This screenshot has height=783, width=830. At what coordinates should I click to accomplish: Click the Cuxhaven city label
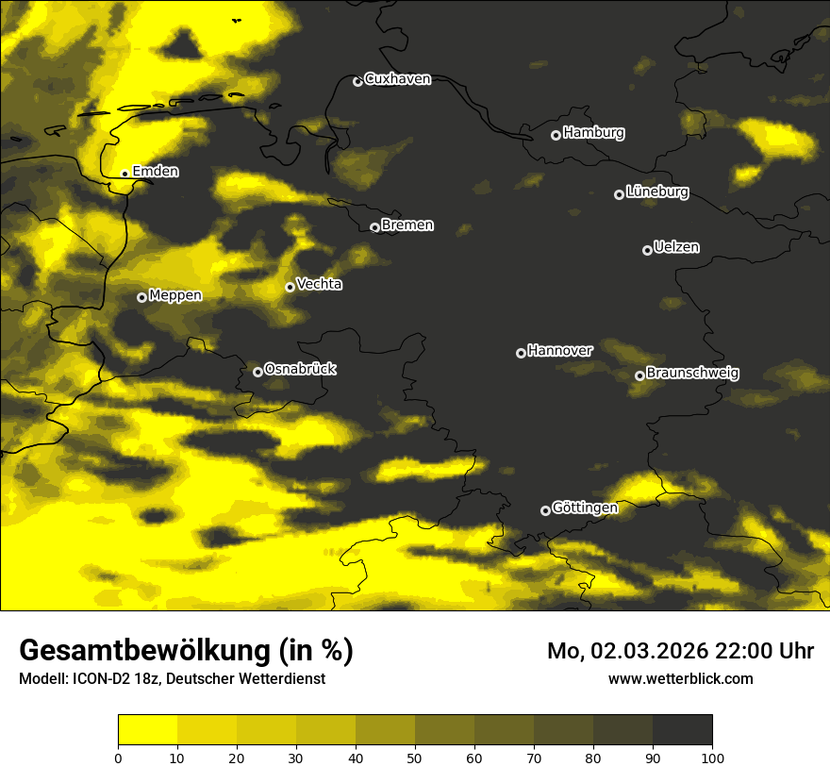point(397,79)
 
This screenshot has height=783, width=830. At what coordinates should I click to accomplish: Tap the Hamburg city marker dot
point(556,135)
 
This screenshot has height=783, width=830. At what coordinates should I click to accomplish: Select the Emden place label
point(156,172)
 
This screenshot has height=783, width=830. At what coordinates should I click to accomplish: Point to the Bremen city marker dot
point(374,227)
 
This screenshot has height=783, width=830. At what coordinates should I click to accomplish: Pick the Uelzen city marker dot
point(647,250)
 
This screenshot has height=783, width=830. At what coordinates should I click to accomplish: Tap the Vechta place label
point(319,284)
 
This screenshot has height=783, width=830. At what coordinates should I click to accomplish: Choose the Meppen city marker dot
point(141,297)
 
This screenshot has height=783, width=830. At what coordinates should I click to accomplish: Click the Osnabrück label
point(300,369)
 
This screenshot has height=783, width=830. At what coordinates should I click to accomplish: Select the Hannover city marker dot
point(521,353)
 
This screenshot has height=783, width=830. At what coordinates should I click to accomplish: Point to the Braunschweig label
point(692,374)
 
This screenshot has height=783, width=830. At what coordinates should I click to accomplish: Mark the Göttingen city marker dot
point(545,510)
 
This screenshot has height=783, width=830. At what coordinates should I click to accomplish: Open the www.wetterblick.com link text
point(681,678)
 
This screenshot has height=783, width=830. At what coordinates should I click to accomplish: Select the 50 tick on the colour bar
point(415,757)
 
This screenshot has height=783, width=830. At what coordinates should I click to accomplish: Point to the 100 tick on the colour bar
point(712,757)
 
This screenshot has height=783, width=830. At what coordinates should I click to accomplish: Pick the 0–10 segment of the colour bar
point(147,729)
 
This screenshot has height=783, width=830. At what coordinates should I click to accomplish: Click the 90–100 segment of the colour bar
point(682,729)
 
